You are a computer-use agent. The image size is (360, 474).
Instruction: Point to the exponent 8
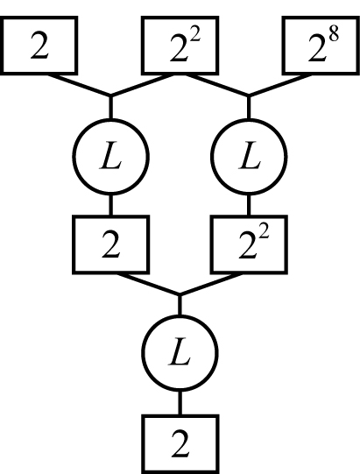(x=334, y=35)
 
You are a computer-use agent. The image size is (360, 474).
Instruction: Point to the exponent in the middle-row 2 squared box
(x=264, y=234)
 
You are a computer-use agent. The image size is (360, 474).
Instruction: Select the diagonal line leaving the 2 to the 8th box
(x=280, y=85)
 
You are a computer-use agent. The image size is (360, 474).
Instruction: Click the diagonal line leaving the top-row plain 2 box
(x=79, y=85)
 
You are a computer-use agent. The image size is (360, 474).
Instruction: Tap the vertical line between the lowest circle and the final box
(x=180, y=403)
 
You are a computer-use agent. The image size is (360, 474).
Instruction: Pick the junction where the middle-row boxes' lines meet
(x=180, y=294)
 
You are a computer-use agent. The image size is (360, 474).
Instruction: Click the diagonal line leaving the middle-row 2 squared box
(x=211, y=284)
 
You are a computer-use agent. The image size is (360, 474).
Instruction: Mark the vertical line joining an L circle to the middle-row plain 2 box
(x=111, y=205)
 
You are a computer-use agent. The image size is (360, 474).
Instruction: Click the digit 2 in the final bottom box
(x=180, y=444)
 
